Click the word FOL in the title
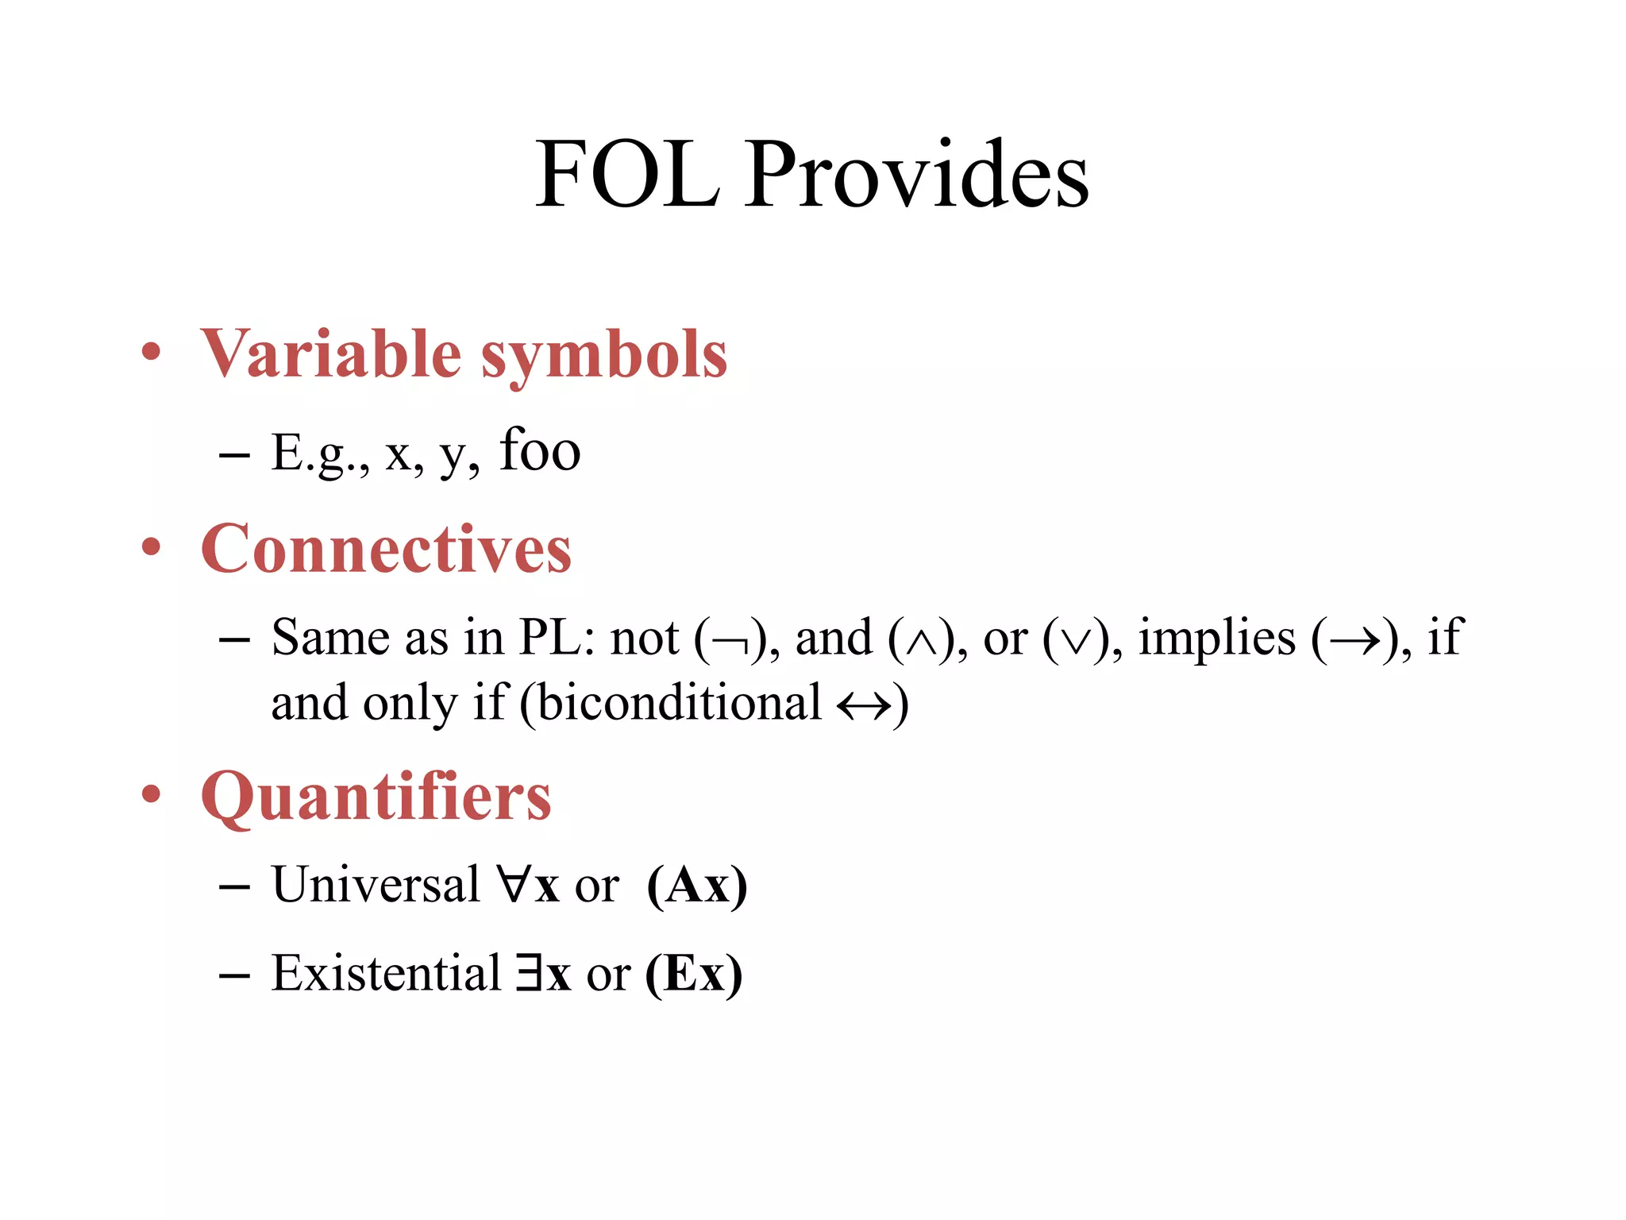click(x=627, y=175)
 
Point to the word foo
click(x=540, y=450)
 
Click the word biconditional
click(x=680, y=703)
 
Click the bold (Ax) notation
click(x=697, y=885)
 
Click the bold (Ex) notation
click(x=694, y=974)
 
